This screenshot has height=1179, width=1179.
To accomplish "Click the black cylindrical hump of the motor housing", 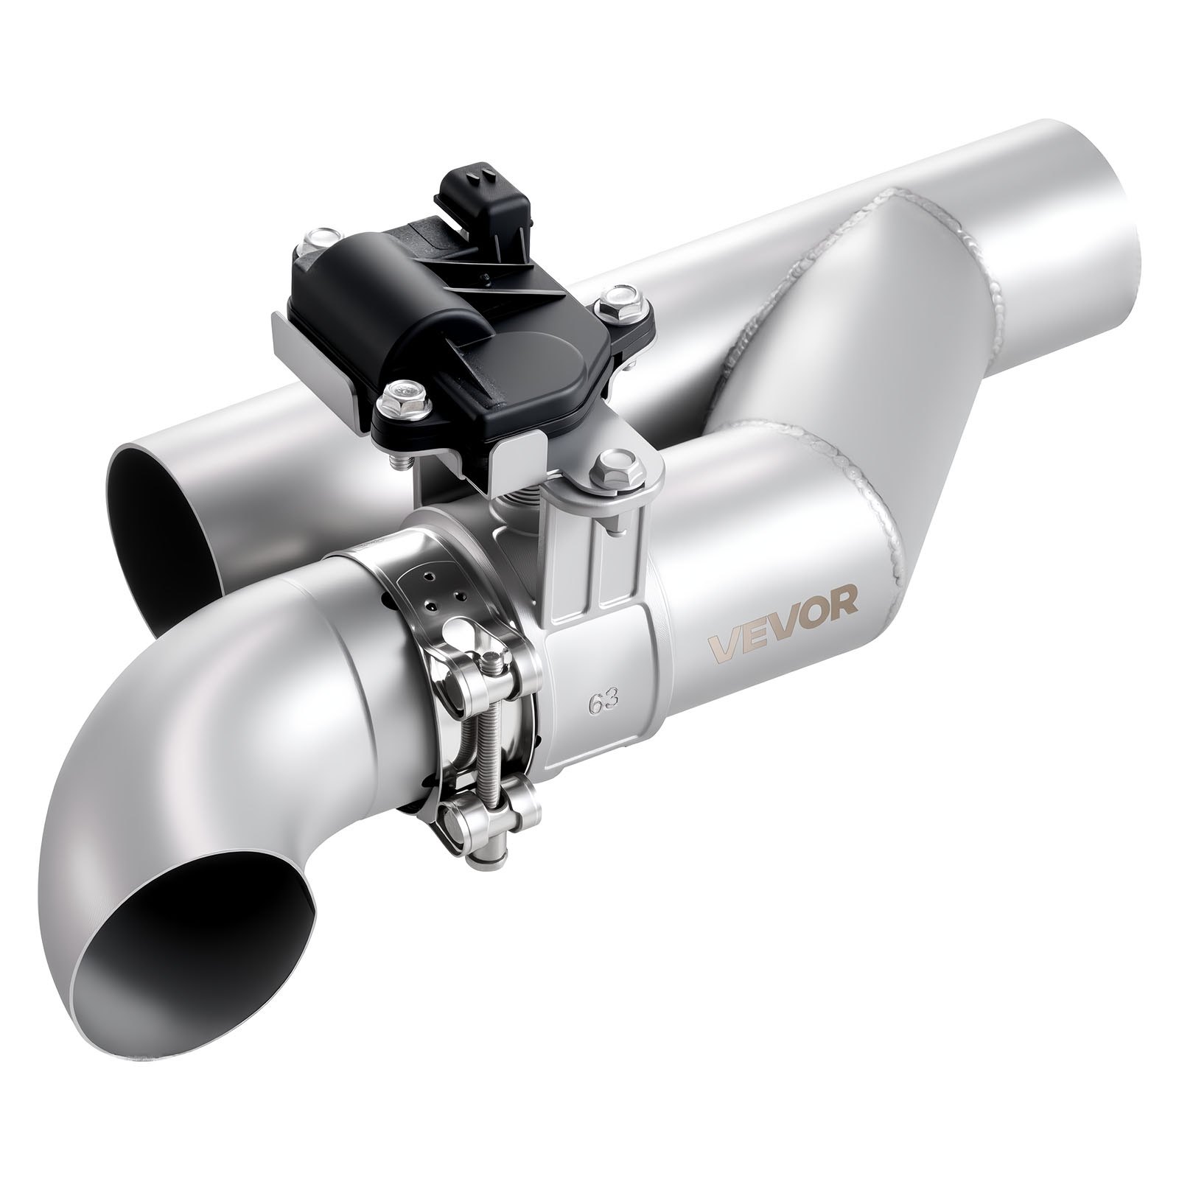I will coord(391,295).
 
